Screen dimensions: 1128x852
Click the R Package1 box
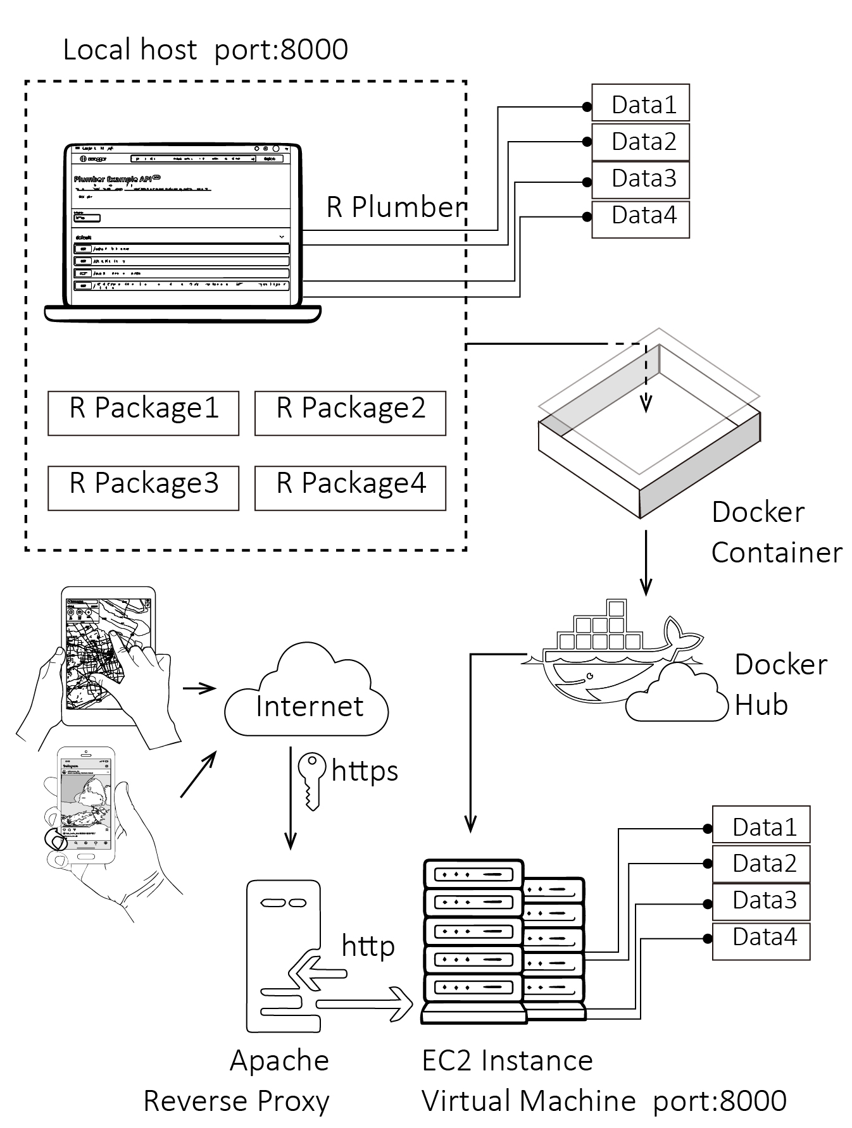tap(143, 413)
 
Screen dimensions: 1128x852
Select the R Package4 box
tap(350, 488)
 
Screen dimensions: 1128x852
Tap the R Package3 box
tap(143, 488)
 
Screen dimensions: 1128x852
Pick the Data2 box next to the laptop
tap(640, 142)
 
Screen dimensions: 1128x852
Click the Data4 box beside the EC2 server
tap(761, 941)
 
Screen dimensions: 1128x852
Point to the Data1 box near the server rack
tap(761, 824)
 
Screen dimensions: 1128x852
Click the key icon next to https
tap(311, 779)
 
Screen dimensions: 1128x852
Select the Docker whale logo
tap(608, 658)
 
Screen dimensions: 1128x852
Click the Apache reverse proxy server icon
tap(283, 955)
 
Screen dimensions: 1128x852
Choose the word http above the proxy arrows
tap(368, 946)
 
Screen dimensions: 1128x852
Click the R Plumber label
tap(396, 207)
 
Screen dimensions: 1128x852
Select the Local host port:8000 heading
tap(205, 49)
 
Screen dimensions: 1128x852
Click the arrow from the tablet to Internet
tap(199, 688)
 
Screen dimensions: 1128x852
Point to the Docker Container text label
tap(776, 532)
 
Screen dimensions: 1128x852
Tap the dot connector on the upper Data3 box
tap(587, 182)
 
